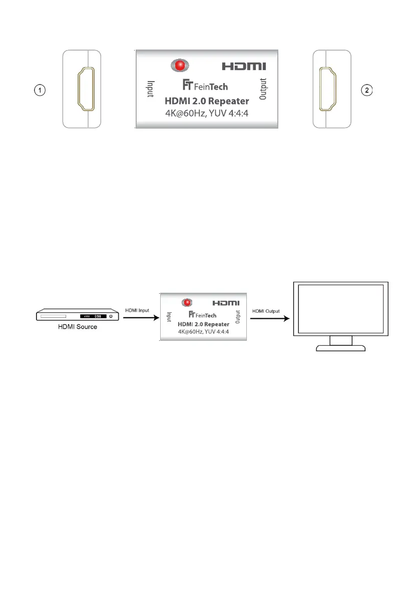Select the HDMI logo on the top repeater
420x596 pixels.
tap(244, 66)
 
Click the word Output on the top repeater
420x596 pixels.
tap(264, 90)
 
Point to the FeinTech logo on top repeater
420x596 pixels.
tap(205, 86)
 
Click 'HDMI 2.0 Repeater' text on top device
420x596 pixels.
tap(207, 101)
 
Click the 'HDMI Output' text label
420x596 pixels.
tap(266, 310)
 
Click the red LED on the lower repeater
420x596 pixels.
tap(187, 302)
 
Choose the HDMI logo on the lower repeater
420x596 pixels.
tap(226, 303)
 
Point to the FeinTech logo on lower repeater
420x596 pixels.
tap(203, 315)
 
